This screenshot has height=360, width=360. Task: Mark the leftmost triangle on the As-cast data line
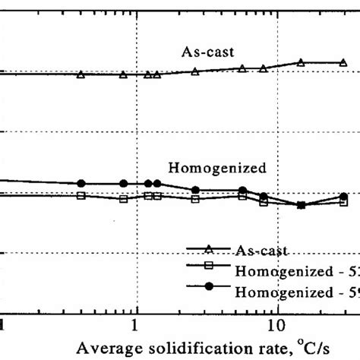[x=81, y=74]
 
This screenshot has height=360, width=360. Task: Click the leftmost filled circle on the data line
[x=81, y=184]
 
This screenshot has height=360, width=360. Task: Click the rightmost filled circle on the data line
[x=344, y=196]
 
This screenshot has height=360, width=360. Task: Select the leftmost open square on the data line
[x=81, y=195]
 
